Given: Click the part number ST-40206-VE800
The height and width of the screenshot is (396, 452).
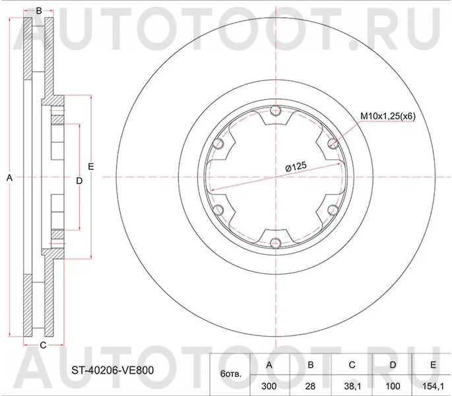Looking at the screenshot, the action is click(113, 370).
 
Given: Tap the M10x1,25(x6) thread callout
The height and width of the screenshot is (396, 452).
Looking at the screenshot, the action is click(388, 117).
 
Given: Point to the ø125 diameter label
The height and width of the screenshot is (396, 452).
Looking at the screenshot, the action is click(296, 167).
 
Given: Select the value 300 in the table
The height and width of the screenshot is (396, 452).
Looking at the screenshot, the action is click(269, 386).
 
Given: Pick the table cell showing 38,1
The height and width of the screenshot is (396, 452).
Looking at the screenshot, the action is click(352, 387).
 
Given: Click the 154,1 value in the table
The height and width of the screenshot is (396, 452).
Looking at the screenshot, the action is click(433, 387).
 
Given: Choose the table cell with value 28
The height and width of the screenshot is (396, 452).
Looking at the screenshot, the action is click(310, 386).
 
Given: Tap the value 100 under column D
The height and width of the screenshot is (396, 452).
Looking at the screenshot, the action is click(393, 386).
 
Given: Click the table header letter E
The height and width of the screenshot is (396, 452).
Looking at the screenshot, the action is click(433, 365).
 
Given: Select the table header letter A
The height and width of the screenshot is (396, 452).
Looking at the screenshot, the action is click(269, 365).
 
